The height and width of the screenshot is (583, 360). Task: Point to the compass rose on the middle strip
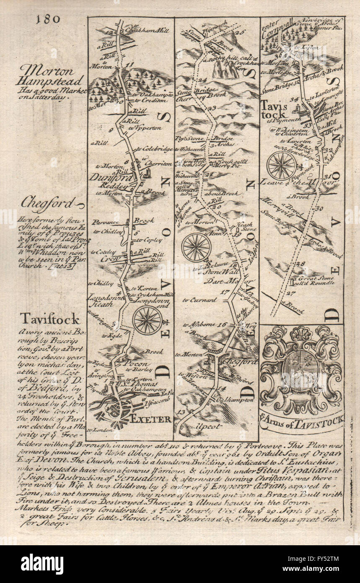tap(196, 247)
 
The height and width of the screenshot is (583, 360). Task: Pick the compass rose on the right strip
tap(281, 165)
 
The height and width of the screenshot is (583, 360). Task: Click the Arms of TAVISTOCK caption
tap(302, 418)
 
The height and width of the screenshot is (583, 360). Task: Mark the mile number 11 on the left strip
tap(128, 65)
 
